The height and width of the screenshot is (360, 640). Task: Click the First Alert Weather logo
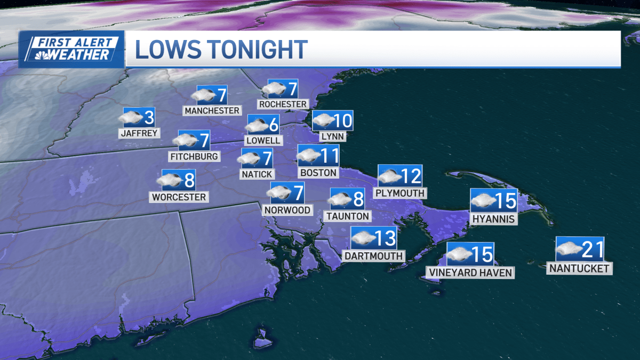point(71,49)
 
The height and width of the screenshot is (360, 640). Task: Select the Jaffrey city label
point(139,133)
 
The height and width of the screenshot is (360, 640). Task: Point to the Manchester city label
point(212,110)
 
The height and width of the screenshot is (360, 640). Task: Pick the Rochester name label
point(283,104)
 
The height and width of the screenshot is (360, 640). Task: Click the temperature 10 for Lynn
point(342,121)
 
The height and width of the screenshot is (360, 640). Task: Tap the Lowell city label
point(262,140)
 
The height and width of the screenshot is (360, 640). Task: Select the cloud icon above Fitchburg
point(185,140)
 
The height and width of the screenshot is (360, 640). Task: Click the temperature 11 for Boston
point(330,156)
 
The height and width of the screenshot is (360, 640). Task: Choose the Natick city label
point(257,174)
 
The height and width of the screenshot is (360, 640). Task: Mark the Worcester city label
point(179,197)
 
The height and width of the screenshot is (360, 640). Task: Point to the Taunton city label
point(347,216)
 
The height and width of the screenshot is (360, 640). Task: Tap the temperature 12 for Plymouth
point(411,176)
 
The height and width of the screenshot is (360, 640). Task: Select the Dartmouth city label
point(373,256)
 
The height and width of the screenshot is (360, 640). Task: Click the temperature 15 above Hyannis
point(506,201)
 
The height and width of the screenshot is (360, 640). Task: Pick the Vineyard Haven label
point(470,273)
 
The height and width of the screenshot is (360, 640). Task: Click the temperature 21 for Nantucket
point(592,249)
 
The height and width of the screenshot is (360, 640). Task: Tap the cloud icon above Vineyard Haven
point(460,254)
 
